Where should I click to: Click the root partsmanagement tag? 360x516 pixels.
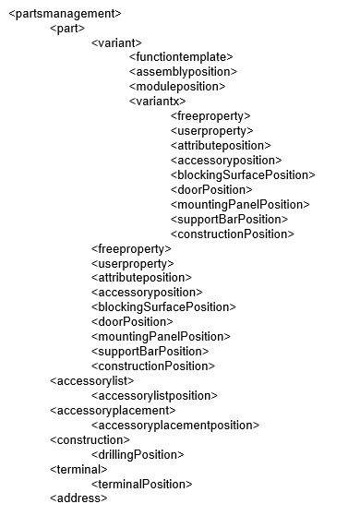(66, 14)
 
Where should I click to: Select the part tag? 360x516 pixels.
(67, 29)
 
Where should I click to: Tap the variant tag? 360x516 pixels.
(116, 43)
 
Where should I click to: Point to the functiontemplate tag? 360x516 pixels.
(181, 57)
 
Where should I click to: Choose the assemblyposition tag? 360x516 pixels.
(183, 72)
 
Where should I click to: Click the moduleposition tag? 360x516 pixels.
(177, 87)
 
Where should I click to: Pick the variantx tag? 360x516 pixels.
(157, 102)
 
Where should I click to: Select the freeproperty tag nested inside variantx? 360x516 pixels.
(210, 116)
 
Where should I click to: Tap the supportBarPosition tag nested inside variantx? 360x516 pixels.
(229, 220)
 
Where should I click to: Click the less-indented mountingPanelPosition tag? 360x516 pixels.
(161, 337)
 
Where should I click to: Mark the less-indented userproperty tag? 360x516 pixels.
(133, 264)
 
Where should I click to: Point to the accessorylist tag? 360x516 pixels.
(92, 381)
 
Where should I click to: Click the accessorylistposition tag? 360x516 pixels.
(154, 396)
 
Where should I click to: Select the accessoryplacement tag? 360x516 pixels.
(113, 411)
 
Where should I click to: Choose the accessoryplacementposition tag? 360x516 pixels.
(175, 426)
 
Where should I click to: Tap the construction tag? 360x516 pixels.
(90, 440)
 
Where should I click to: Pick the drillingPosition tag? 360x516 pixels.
(138, 455)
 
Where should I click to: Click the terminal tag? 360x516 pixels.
(78, 470)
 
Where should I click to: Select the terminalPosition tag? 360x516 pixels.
(142, 485)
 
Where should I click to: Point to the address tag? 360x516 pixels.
(78, 498)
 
